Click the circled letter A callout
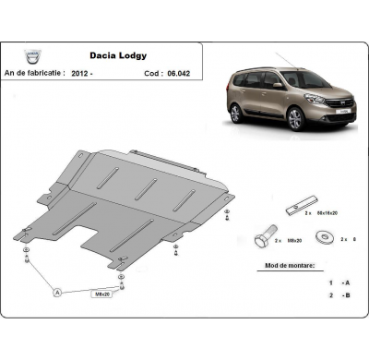[58, 292]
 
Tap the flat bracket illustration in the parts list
[304, 200]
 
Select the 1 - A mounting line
[331, 282]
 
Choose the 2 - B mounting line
[331, 295]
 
